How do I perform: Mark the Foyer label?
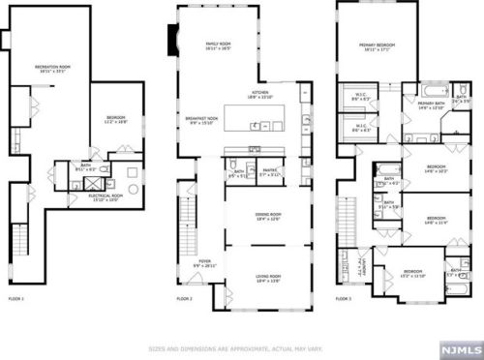[x=204, y=263]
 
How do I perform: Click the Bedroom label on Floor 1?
[x=116, y=119]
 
